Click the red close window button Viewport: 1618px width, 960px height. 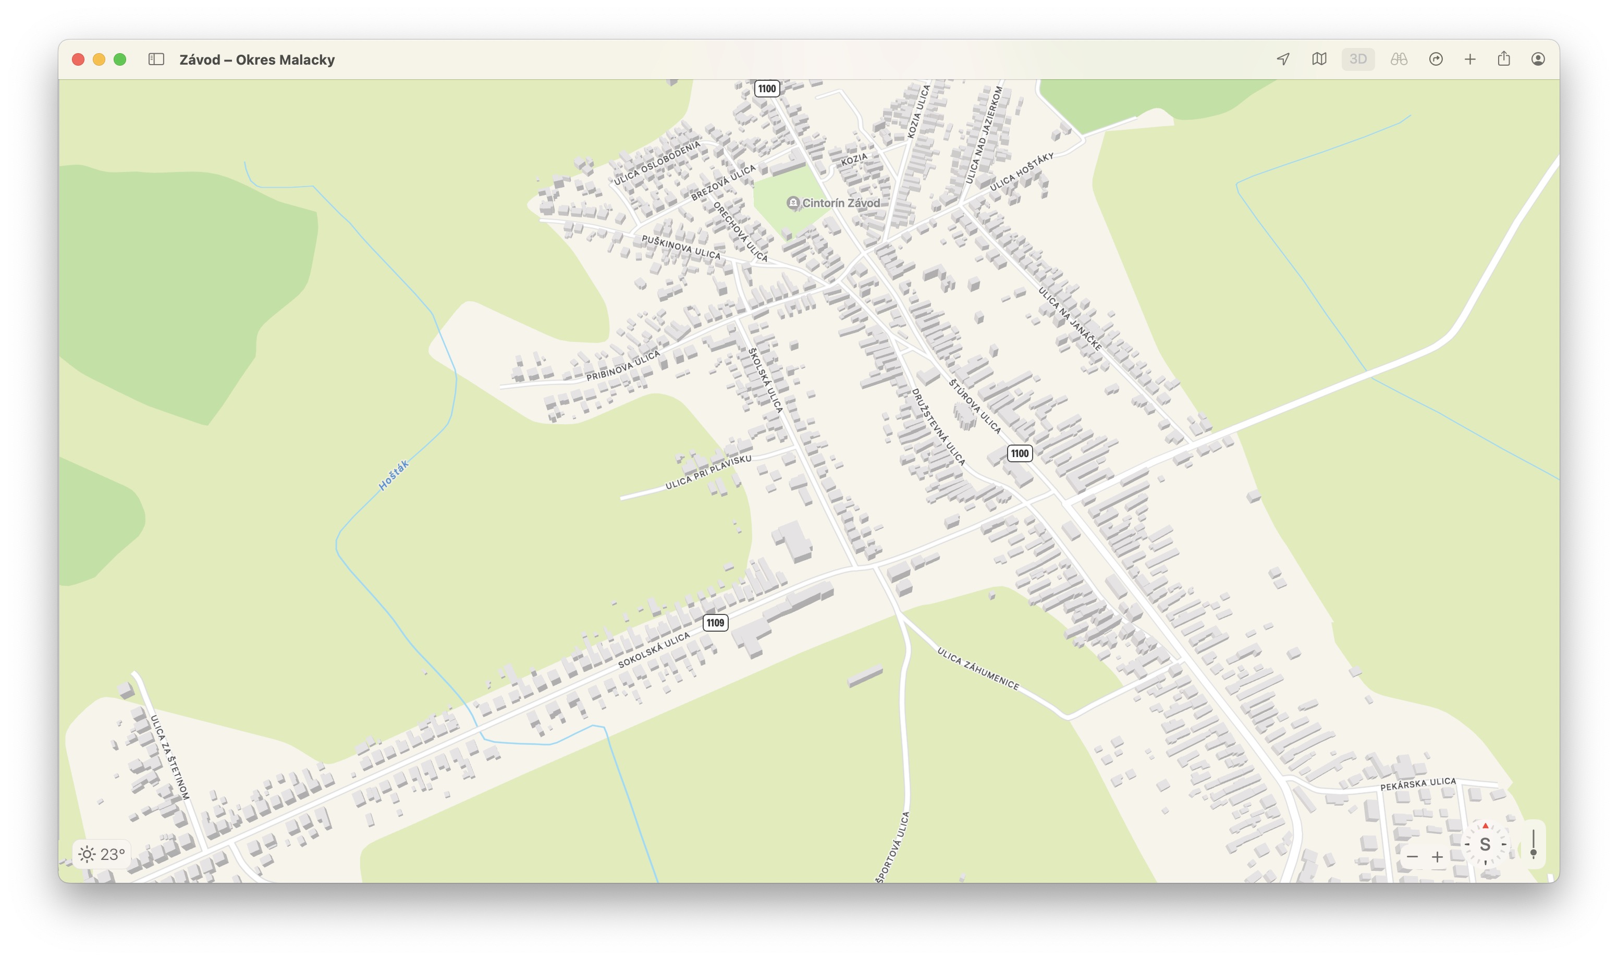[78, 59]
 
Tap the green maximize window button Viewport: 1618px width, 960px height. [120, 59]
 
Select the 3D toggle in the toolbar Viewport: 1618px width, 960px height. [1357, 59]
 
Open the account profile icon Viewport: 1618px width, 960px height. [1538, 59]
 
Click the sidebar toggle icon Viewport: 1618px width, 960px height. [156, 59]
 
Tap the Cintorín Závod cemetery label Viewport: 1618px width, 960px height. [840, 203]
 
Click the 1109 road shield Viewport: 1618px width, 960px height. [715, 622]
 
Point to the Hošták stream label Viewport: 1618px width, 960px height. [394, 475]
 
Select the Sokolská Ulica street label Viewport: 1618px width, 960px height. [654, 650]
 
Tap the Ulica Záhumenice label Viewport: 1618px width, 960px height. [977, 668]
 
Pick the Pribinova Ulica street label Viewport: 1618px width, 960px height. [622, 365]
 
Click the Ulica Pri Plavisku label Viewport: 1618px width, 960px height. [708, 472]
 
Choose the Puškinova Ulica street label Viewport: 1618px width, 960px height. [681, 247]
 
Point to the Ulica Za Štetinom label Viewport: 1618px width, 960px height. [169, 757]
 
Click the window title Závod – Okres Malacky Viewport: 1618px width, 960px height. [257, 59]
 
